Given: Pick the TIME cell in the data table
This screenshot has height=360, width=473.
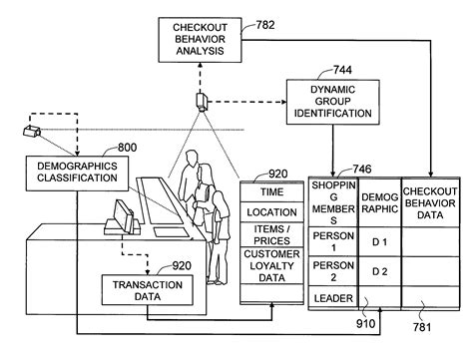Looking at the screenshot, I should [271, 191].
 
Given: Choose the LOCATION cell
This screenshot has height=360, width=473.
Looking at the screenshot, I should [271, 212].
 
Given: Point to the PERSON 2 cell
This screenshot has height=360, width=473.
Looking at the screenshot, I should [332, 272].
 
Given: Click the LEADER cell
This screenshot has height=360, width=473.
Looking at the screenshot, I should [332, 297].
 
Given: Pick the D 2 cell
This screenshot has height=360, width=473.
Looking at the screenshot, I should [378, 272].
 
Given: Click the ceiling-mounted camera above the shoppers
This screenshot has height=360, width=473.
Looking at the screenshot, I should [202, 101].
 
